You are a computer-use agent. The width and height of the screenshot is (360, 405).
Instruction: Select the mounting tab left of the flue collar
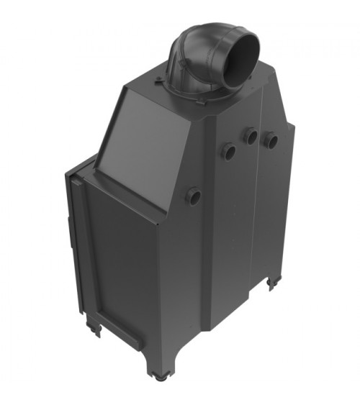159,74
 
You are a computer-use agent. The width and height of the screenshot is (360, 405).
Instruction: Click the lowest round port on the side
193,195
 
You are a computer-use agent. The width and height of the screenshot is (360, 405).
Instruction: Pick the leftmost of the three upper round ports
227,151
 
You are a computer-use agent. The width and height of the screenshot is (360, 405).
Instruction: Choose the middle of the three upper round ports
250,136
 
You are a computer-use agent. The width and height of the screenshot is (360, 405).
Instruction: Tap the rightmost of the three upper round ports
271,140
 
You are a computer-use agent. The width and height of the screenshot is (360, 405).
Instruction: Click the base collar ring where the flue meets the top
191,91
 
